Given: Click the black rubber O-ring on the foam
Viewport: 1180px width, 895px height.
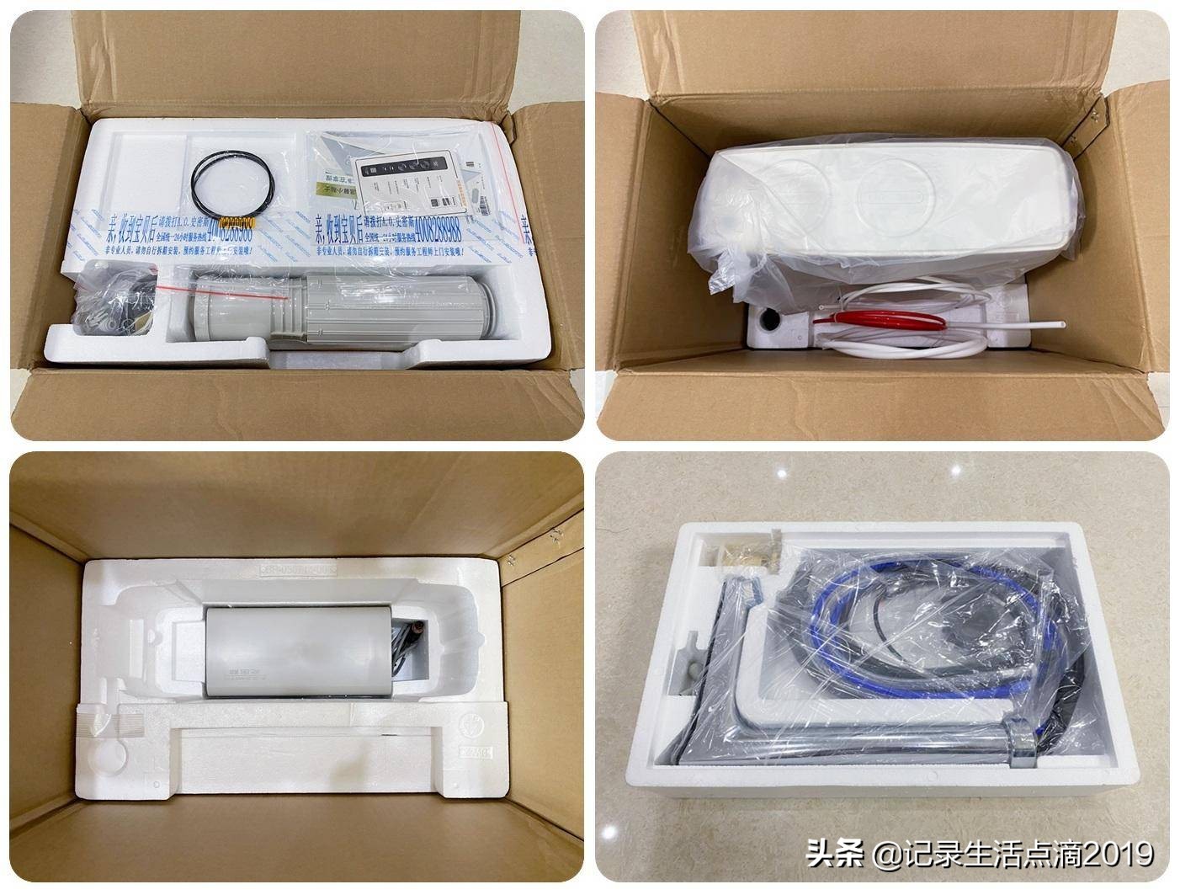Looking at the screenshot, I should [232, 178].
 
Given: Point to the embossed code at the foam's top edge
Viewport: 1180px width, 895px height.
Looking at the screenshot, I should [295, 570].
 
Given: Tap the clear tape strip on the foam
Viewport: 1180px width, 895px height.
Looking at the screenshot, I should [101, 720].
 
